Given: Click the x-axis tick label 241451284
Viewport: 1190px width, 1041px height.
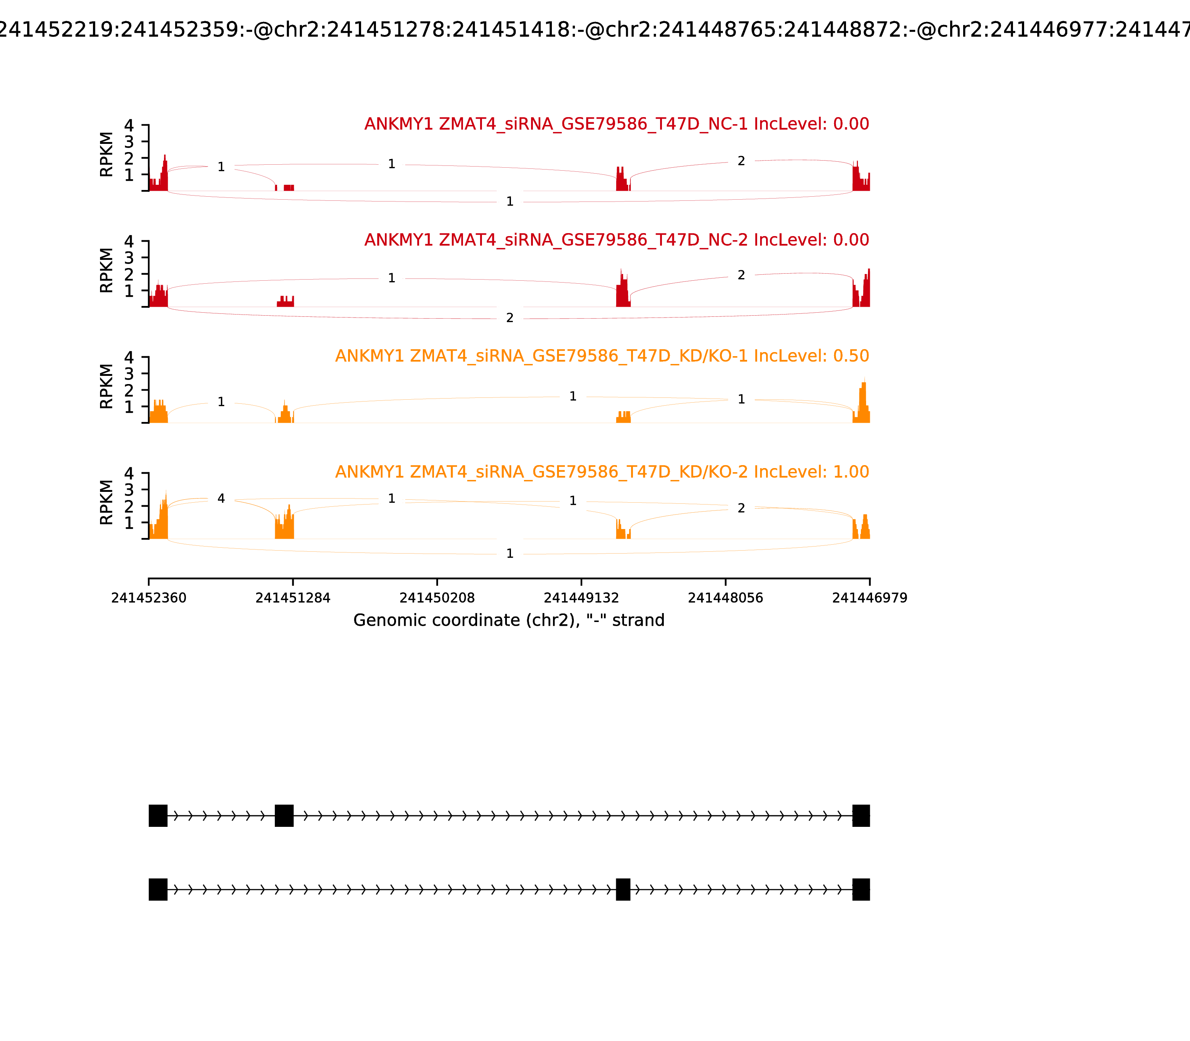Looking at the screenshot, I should (x=293, y=598).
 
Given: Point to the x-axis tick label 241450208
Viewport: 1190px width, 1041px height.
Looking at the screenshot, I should (x=437, y=598).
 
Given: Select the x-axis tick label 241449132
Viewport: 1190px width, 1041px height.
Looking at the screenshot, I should (x=581, y=598).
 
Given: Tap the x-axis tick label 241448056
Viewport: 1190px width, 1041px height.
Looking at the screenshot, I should (x=725, y=598).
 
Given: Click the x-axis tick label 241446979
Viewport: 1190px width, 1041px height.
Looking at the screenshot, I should (x=869, y=598).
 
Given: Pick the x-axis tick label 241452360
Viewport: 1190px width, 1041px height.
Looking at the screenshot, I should (x=149, y=598).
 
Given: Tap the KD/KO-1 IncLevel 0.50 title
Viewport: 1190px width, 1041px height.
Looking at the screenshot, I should (x=602, y=355).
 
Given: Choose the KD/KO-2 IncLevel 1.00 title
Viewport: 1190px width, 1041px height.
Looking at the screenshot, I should (x=602, y=472).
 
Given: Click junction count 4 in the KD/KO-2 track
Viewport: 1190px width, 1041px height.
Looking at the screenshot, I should (x=221, y=499).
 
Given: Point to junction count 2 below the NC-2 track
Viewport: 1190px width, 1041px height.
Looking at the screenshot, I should (x=509, y=318).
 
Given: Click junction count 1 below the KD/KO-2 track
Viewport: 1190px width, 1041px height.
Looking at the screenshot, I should (x=509, y=554).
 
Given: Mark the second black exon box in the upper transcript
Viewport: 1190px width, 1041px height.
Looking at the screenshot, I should (x=284, y=816).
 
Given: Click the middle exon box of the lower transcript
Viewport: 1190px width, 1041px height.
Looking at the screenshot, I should (x=623, y=889).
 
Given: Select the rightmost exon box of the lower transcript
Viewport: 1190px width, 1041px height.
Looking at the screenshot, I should (x=861, y=889).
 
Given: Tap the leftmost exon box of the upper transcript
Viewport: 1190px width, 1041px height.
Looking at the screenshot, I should (x=158, y=816).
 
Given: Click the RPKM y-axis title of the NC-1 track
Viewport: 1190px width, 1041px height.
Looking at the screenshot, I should (x=106, y=155).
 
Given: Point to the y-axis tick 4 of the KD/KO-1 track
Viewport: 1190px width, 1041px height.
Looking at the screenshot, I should (x=129, y=357).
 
